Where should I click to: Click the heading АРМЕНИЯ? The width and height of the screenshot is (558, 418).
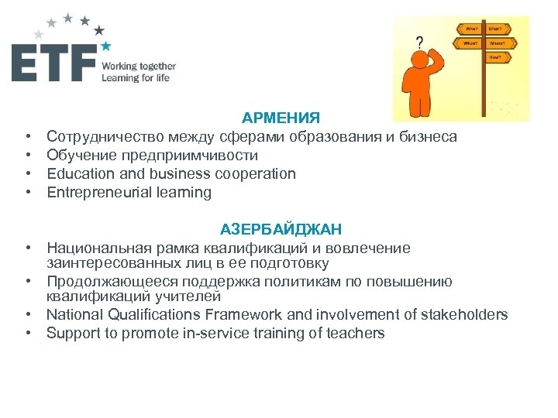pyautogui.click(x=280, y=118)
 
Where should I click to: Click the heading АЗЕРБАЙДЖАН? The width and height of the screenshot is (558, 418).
pyautogui.click(x=280, y=229)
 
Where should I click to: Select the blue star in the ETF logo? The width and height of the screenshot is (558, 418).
pyautogui.click(x=106, y=46)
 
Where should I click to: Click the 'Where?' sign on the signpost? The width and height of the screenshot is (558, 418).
pyautogui.click(x=496, y=44)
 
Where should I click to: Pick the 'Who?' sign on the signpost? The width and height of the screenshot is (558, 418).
pyautogui.click(x=471, y=29)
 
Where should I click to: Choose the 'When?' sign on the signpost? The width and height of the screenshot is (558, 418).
pyautogui.click(x=470, y=44)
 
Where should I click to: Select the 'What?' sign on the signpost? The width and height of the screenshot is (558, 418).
pyautogui.click(x=496, y=29)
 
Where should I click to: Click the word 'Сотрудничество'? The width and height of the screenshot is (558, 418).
pyautogui.click(x=98, y=137)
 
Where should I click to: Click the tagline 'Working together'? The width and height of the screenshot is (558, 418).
pyautogui.click(x=139, y=67)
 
